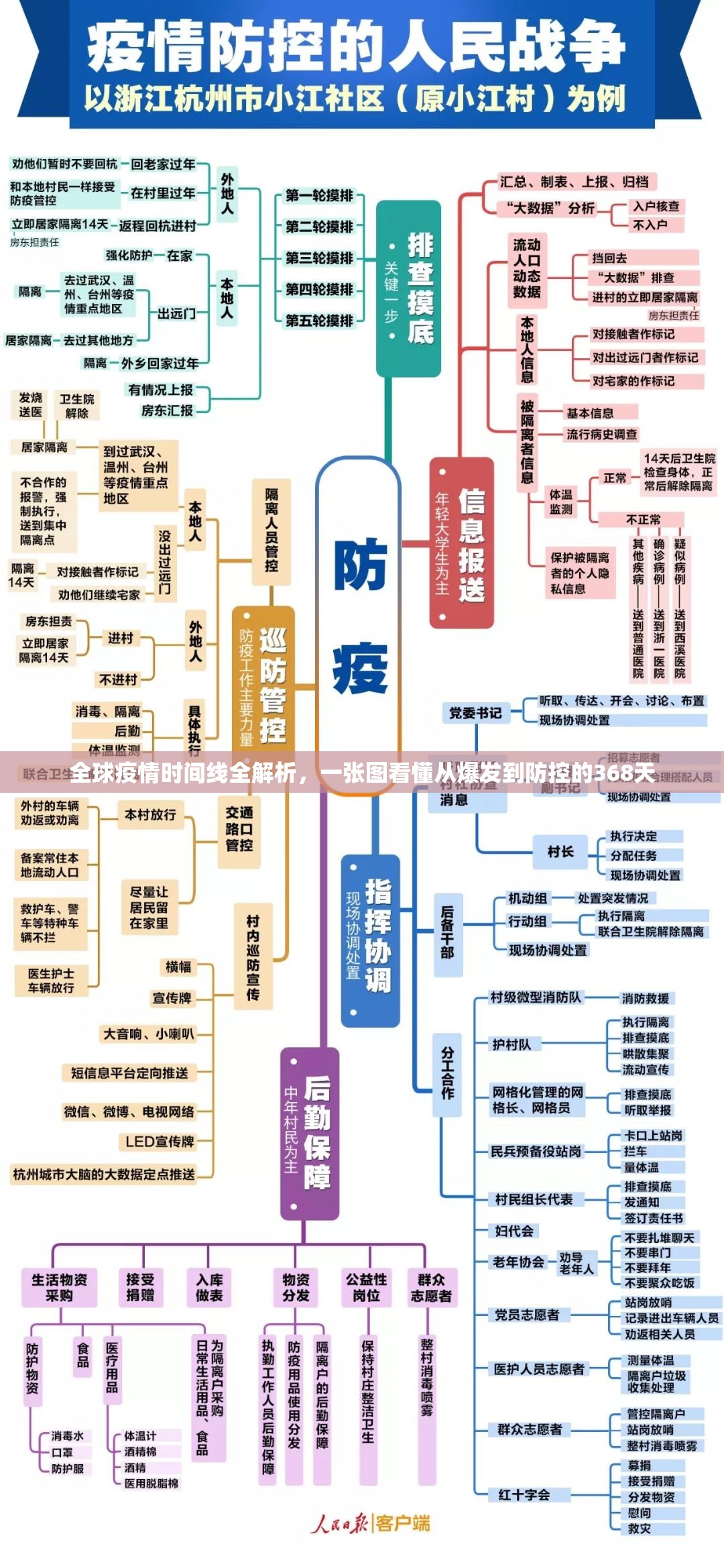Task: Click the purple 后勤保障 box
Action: tap(310, 1133)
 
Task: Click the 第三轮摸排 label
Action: tap(319, 258)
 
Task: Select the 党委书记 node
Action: tap(475, 713)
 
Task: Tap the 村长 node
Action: tap(560, 852)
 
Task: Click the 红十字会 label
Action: tap(524, 1494)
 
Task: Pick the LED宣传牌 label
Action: tap(160, 1142)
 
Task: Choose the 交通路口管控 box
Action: tap(239, 829)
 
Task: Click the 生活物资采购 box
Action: tap(59, 1287)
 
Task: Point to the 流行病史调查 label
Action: tap(601, 434)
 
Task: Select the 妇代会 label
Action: tap(514, 1231)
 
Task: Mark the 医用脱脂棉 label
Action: tap(152, 1484)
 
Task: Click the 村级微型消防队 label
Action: tap(536, 997)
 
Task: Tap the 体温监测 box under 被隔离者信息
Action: tap(561, 502)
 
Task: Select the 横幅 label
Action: tap(178, 967)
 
